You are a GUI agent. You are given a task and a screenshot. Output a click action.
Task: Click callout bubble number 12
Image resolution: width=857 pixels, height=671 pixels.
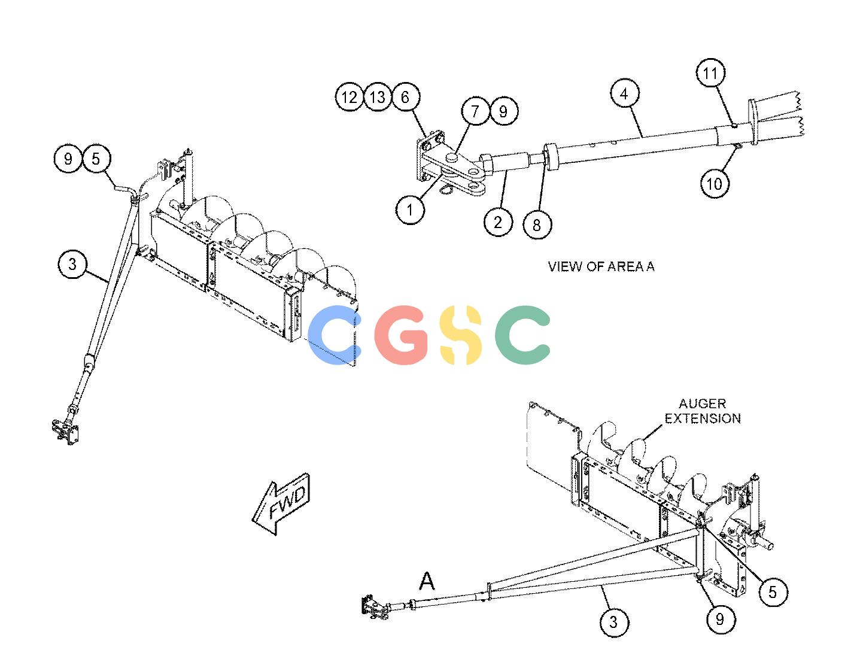(349, 97)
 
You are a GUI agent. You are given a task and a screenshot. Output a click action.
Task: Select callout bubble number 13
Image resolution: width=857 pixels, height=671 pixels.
(378, 97)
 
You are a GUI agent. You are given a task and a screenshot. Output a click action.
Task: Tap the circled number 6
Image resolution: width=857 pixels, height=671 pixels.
(405, 97)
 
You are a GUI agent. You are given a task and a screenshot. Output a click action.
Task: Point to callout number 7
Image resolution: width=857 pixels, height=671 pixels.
(475, 111)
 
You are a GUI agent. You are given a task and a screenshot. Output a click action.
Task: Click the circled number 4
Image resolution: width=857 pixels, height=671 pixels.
(624, 93)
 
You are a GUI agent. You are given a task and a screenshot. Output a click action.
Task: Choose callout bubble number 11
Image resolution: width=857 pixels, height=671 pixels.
(710, 73)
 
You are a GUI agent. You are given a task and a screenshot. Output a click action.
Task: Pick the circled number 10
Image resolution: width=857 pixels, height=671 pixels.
(714, 183)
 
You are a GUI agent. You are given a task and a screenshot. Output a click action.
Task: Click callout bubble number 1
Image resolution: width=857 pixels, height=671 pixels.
(410, 210)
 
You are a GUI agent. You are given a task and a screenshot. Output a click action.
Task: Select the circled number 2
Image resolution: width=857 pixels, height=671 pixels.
(498, 222)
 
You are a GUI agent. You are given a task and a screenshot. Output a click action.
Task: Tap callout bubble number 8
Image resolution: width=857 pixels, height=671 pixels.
(537, 225)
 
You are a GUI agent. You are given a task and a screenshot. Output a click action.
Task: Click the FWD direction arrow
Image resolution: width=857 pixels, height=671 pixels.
(282, 504)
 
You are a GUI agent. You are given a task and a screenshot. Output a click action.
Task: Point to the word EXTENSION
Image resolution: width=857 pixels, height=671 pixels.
(703, 418)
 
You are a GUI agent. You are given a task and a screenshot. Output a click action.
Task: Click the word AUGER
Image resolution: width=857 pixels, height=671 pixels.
(703, 403)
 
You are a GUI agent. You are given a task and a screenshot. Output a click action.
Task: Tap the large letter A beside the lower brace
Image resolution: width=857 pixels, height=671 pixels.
(427, 581)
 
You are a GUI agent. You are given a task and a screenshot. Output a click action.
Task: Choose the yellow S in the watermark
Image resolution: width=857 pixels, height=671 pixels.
(460, 335)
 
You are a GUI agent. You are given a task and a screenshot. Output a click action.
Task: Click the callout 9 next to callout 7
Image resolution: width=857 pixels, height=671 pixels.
(504, 111)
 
